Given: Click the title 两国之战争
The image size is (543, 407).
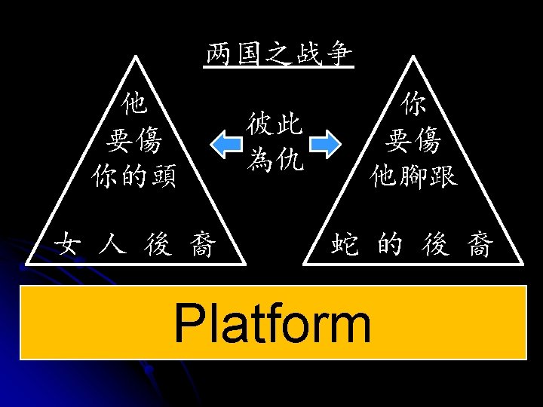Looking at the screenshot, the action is coord(278,55).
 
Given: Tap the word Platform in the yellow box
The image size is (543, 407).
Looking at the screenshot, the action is coord(272,323).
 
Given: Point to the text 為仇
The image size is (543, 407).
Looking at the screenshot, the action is coord(275,158).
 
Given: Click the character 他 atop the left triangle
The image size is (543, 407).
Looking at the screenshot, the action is coord(134,103).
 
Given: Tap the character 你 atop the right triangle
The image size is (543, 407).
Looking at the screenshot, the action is coord(413,104).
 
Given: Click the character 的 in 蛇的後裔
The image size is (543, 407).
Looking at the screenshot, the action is coord(391,245).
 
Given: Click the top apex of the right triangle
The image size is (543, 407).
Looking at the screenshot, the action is coord(412,54).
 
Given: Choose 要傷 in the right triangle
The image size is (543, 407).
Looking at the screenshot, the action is coord(413,139).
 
